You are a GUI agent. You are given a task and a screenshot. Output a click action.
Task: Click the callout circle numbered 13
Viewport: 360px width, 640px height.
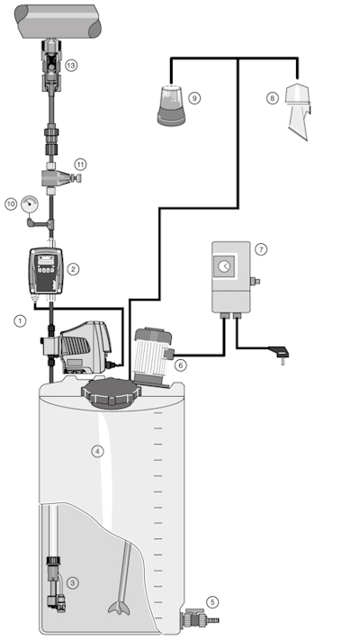[x=71, y=65]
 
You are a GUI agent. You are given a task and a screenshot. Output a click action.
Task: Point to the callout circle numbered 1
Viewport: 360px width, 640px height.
[x=20, y=319]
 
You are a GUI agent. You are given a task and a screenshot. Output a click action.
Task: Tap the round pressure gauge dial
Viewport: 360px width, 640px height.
[x=32, y=203]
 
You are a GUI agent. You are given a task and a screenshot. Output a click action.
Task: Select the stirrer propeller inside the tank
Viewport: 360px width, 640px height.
[x=118, y=607]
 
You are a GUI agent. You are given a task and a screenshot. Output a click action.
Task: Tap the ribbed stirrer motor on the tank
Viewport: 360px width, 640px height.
[x=151, y=355]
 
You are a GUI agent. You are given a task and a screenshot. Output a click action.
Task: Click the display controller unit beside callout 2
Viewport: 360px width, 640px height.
[x=48, y=270]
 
